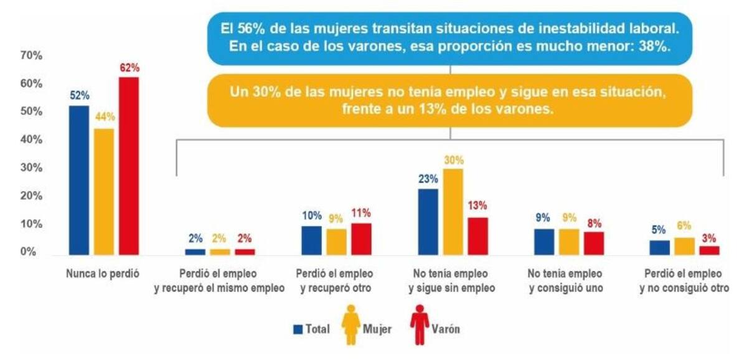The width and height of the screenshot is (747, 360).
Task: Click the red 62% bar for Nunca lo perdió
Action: [129, 166]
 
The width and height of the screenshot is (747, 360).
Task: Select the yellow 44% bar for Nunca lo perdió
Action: [104, 191]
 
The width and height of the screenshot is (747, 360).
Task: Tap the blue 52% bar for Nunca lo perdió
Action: [79, 180]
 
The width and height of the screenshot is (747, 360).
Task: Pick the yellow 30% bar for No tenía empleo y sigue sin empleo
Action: [454, 212]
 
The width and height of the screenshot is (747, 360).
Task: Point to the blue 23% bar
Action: [428, 221]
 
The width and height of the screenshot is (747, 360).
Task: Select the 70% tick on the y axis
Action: [31, 56]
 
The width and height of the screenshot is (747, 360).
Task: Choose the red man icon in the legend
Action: [421, 324]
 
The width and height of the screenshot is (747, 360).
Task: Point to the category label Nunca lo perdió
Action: [103, 273]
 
